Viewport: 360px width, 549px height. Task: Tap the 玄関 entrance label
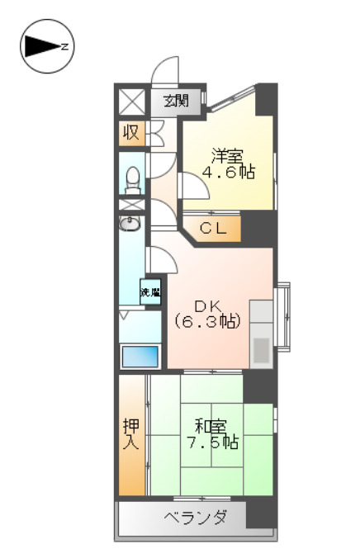click(x=175, y=102)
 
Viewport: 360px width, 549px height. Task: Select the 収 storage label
click(x=131, y=133)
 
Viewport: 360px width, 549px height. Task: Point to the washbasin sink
click(x=130, y=223)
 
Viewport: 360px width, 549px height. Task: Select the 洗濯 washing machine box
click(x=149, y=291)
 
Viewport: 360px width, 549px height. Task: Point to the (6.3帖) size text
click(x=208, y=321)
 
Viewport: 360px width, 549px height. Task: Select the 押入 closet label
click(x=132, y=433)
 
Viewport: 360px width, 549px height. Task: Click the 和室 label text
click(x=211, y=426)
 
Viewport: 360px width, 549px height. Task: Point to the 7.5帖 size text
click(x=212, y=443)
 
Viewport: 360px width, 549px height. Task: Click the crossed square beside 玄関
click(x=131, y=102)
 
